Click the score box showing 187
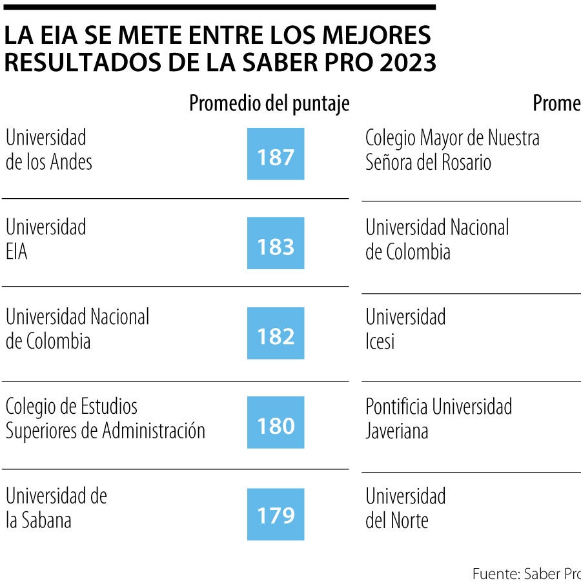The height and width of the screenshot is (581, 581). [x=276, y=154]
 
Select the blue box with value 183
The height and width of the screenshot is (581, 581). [x=276, y=243]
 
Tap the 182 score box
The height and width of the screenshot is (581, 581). [x=276, y=333]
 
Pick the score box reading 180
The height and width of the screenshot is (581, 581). [x=276, y=423]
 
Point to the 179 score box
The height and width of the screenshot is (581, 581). [x=276, y=515]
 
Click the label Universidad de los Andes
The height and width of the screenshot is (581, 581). [x=48, y=150]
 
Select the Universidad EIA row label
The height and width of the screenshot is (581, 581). [x=45, y=240]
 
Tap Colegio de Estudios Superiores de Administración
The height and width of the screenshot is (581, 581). [x=105, y=419]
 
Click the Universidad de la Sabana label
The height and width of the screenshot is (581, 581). [x=56, y=509]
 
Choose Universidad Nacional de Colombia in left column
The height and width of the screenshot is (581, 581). [x=77, y=329]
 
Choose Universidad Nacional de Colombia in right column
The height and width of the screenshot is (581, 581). [x=436, y=240]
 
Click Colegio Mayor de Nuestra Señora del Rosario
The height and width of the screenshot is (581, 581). [x=452, y=150]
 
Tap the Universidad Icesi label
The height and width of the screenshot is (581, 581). [x=405, y=329]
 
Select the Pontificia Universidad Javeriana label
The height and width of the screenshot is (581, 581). [x=438, y=419]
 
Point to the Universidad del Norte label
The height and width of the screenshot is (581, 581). [x=405, y=509]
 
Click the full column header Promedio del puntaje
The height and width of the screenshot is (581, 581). [x=269, y=103]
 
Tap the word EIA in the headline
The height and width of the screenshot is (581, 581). [x=51, y=36]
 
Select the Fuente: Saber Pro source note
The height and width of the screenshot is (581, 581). [x=526, y=573]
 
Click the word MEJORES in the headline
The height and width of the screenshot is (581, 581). [x=385, y=36]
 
